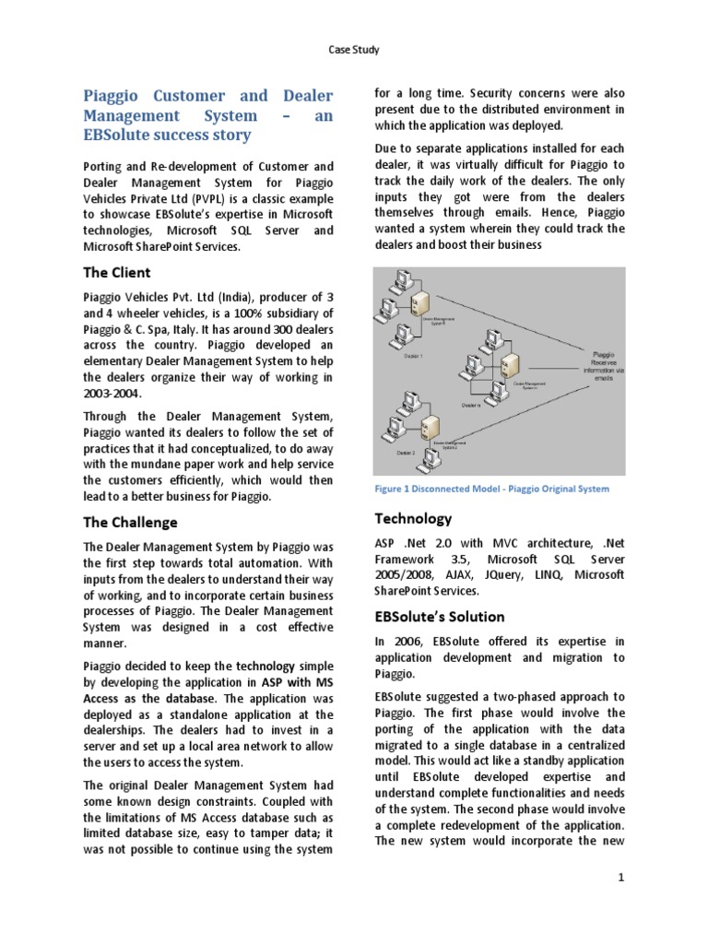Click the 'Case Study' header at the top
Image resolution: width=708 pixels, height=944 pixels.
coord(353,49)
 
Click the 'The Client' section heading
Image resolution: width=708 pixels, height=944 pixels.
coord(117,272)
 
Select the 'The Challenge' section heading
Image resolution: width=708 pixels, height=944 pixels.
coord(130,523)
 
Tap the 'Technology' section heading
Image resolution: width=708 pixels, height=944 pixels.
coord(412,518)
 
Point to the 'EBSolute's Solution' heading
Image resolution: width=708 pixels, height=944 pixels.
coord(439,616)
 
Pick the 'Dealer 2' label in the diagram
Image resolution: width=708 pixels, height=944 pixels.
coord(407,454)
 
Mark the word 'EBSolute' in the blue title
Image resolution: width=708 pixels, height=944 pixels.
coord(122,135)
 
